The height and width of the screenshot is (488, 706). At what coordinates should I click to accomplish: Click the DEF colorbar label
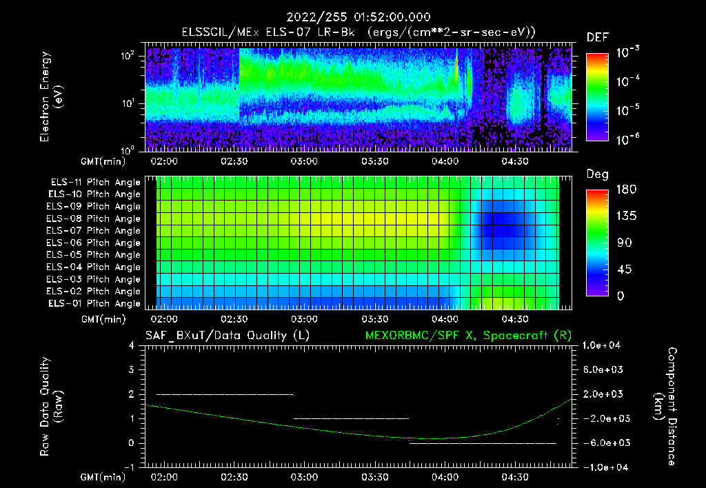tap(597, 37)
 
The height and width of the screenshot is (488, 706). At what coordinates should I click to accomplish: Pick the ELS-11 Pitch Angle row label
tap(95, 183)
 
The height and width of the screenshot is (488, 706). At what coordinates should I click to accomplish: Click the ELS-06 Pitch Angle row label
tap(95, 243)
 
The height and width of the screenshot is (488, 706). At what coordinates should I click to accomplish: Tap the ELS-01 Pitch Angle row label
tap(95, 304)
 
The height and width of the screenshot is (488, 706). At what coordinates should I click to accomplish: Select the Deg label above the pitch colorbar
tap(597, 174)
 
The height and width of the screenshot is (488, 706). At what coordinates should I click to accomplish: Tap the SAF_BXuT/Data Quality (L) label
tap(227, 335)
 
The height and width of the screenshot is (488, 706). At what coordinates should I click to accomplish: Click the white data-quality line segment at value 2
tap(225, 394)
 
